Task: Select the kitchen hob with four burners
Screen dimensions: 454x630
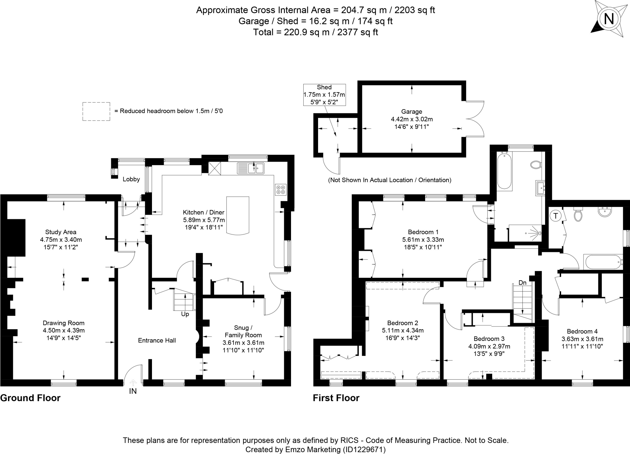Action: coord(281,189)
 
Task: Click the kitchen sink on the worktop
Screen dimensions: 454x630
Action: coord(251,168)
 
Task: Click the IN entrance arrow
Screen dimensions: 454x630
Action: coord(133,383)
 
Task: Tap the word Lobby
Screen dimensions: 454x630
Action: coord(131,179)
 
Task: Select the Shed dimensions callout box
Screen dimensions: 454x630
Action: coord(324,95)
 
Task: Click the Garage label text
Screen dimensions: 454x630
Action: coord(412,112)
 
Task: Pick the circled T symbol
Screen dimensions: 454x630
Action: coord(556,216)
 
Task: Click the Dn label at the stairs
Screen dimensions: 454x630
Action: coord(522,282)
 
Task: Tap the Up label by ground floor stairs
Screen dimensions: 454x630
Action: coord(185,314)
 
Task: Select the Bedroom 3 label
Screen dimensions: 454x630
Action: coord(489,339)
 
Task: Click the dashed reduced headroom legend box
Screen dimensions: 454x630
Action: coord(96,111)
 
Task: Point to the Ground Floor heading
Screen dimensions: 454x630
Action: coord(30,398)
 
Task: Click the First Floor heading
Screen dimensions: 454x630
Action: coord(336,398)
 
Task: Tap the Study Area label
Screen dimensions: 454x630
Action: coord(61,232)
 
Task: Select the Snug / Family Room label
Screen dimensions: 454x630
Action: coord(243,331)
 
